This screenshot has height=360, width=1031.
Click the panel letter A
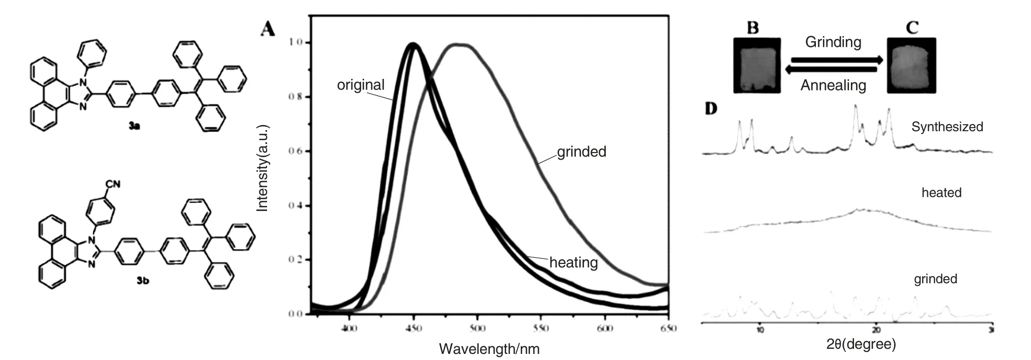pyautogui.click(x=268, y=28)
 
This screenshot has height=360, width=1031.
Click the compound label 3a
pyautogui.click(x=134, y=126)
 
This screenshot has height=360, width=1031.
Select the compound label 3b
pyautogui.click(x=143, y=280)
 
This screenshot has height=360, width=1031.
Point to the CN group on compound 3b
pyautogui.click(x=113, y=183)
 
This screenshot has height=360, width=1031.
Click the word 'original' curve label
pyautogui.click(x=361, y=85)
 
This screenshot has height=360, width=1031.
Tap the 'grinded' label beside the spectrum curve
pyautogui.click(x=581, y=152)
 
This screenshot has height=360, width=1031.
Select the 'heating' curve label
pyautogui.click(x=573, y=262)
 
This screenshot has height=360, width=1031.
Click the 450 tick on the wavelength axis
pyautogui.click(x=414, y=328)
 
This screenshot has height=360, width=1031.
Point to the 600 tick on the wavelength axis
pyautogui.click(x=604, y=328)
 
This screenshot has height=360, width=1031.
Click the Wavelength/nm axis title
pyautogui.click(x=489, y=349)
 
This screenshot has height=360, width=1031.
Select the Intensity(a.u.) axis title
pyautogui.click(x=262, y=168)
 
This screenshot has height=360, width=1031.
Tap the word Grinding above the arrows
pyautogui.click(x=833, y=42)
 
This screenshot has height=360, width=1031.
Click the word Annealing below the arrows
pyautogui.click(x=833, y=85)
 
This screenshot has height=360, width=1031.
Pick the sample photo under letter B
pyautogui.click(x=757, y=66)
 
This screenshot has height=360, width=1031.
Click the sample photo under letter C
pyautogui.click(x=911, y=66)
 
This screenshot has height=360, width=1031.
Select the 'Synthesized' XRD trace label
pyautogui.click(x=947, y=127)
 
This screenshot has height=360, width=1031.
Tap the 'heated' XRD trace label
pyautogui.click(x=941, y=193)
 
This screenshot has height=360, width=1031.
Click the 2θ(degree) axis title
pyautogui.click(x=861, y=344)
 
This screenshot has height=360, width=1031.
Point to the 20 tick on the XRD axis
pyautogui.click(x=876, y=329)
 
